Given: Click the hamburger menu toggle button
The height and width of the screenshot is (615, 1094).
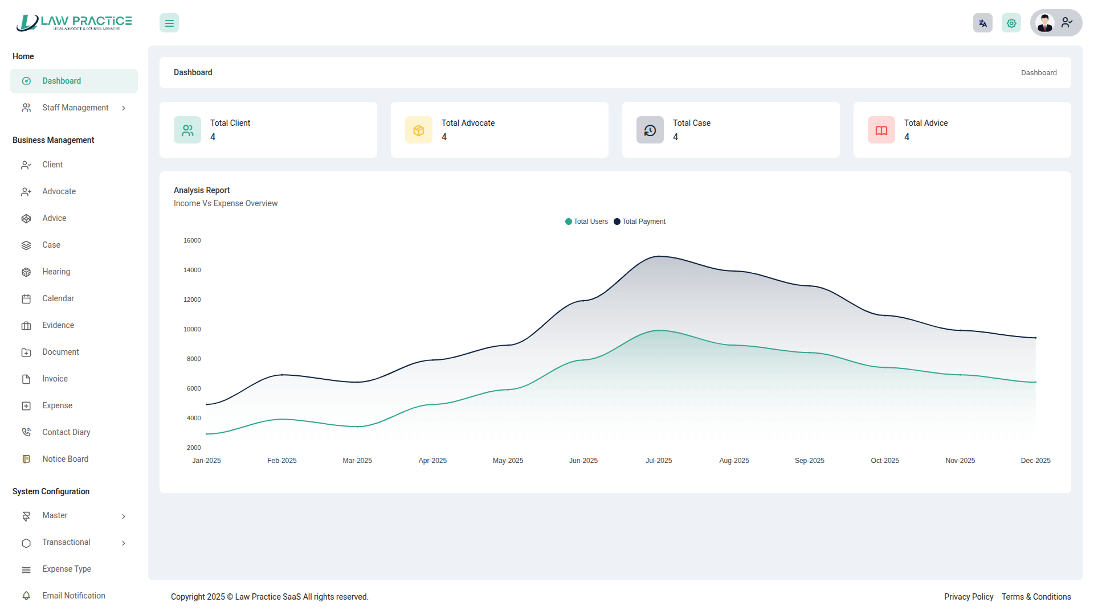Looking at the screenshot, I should [169, 23].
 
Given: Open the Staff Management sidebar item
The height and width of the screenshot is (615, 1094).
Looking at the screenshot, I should [75, 108].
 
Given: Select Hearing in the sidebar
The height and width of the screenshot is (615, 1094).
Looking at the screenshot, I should [56, 272].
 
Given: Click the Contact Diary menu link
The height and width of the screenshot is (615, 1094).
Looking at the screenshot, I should [66, 432].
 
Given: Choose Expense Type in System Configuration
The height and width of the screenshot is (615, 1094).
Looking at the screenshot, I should [66, 569].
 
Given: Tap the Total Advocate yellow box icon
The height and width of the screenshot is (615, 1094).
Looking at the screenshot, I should [419, 130].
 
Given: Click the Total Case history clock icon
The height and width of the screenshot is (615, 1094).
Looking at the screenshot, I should [650, 130].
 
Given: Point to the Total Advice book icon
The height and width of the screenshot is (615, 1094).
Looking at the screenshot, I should [881, 130].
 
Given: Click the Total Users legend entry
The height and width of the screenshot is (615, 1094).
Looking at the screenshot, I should [587, 222].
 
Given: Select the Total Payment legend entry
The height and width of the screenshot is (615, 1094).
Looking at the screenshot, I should [640, 222].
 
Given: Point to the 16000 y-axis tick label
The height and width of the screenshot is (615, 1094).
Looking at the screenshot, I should [192, 240].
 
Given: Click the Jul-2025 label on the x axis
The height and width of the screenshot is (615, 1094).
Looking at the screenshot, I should [659, 461].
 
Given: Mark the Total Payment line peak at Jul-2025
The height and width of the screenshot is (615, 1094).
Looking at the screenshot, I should [659, 256].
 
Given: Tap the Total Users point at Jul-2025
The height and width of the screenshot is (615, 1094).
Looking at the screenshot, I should [659, 330].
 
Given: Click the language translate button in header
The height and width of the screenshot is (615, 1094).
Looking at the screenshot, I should [983, 23].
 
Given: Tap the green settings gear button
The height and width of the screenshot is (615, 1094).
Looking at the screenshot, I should [1011, 23].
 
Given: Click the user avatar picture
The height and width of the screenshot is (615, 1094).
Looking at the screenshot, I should [1045, 23].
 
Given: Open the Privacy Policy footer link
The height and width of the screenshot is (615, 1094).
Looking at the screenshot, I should [969, 597].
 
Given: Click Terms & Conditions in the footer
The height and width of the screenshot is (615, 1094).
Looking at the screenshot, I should [1036, 597].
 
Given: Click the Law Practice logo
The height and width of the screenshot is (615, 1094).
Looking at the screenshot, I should [74, 23].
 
